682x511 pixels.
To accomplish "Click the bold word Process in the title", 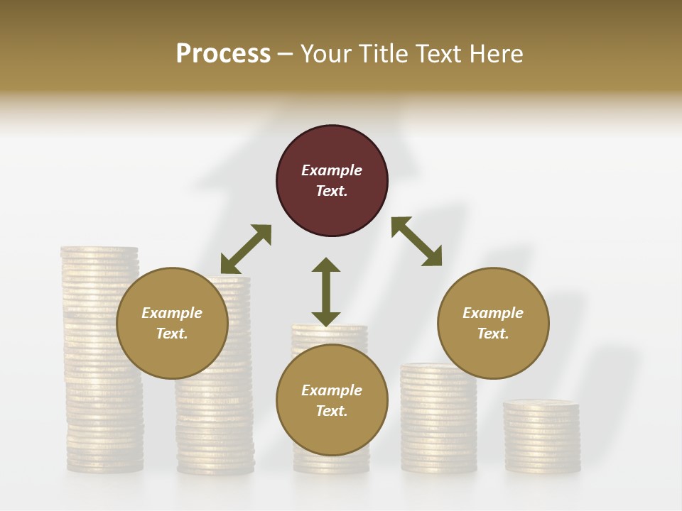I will tap(223, 53).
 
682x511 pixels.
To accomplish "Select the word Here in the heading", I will tap(494, 53).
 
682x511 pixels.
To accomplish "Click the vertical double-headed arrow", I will tap(326, 292).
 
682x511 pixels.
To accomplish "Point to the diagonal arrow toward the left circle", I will tap(246, 249).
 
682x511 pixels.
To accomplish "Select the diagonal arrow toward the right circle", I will tap(416, 241).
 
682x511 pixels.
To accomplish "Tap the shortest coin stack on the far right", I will tap(542, 440).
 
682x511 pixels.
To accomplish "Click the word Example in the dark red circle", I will tap(332, 170).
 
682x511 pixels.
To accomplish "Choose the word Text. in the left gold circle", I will tap(172, 334).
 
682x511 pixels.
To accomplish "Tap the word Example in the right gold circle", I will tap(493, 313).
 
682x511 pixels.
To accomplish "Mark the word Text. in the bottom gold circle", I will tap(332, 411).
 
